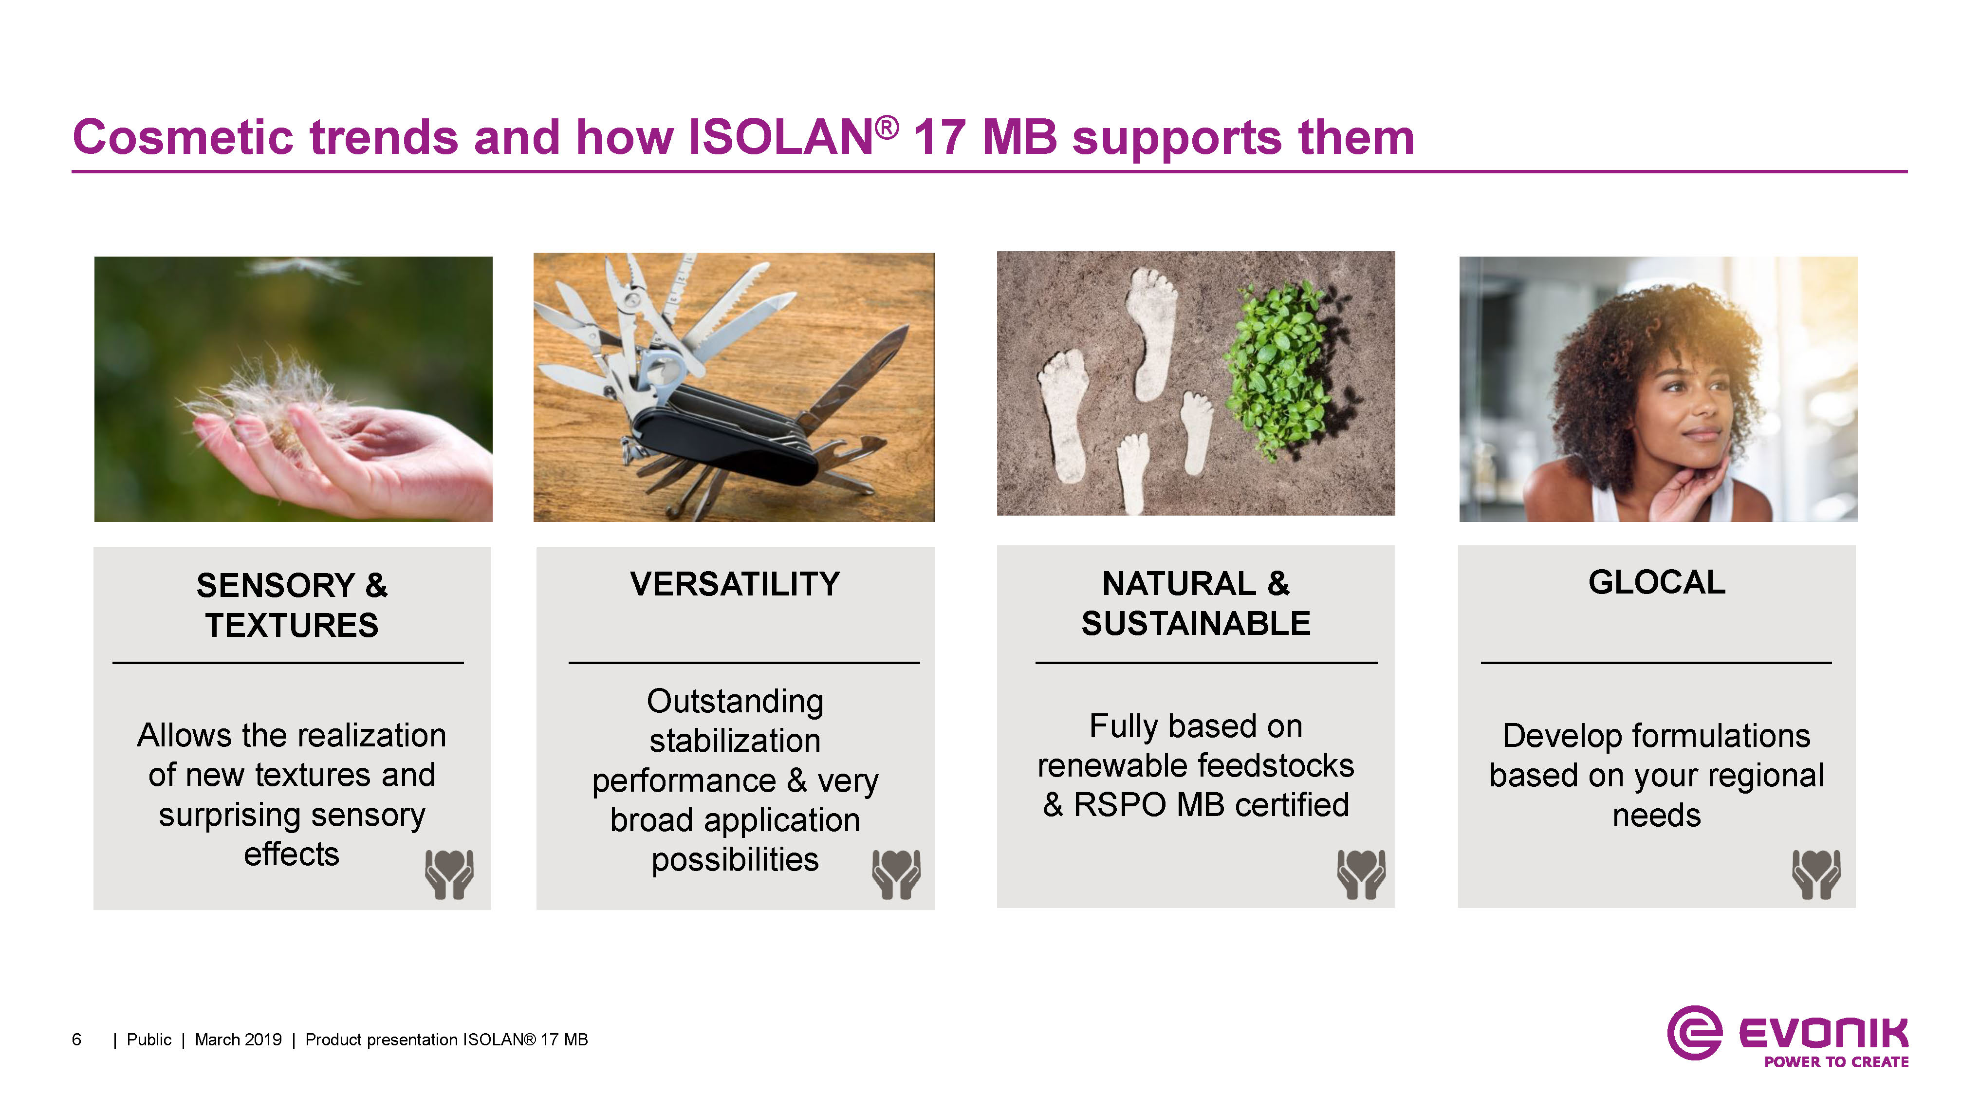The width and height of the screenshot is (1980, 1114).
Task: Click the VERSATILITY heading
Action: [735, 584]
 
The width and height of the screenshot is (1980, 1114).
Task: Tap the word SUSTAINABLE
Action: [1196, 624]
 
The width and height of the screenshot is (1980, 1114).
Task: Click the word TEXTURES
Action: [292, 626]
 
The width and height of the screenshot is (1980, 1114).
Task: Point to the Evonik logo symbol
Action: [1693, 1033]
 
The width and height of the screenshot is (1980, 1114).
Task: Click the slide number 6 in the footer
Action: [76, 1040]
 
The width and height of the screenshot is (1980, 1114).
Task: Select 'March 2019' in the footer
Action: [238, 1040]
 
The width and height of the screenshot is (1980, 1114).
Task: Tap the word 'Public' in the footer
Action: [149, 1040]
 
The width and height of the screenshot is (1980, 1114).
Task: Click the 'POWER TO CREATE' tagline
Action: [1836, 1062]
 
